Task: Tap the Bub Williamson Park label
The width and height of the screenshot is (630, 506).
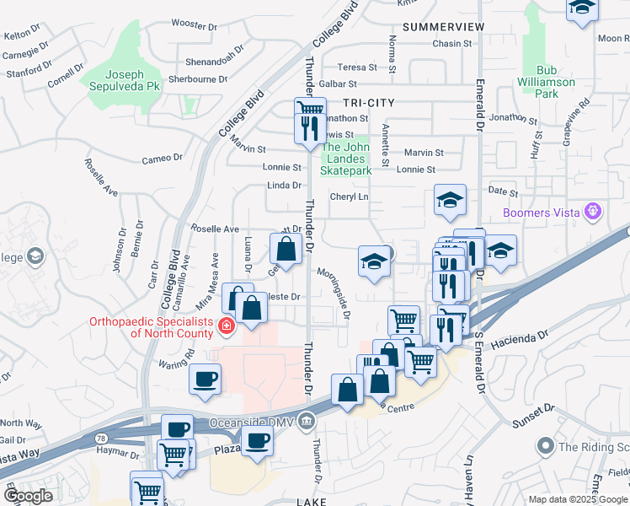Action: click(x=547, y=82)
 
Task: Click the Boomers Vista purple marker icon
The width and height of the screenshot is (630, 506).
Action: click(x=595, y=212)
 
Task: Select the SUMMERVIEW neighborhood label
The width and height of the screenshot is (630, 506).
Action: click(x=444, y=27)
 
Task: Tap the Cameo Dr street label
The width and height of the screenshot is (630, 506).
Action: click(x=162, y=158)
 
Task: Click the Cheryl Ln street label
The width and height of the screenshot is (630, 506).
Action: click(x=350, y=196)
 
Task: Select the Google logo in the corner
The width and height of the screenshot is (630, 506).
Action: click(x=29, y=497)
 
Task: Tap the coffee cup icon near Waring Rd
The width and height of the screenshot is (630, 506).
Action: click(x=206, y=379)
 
